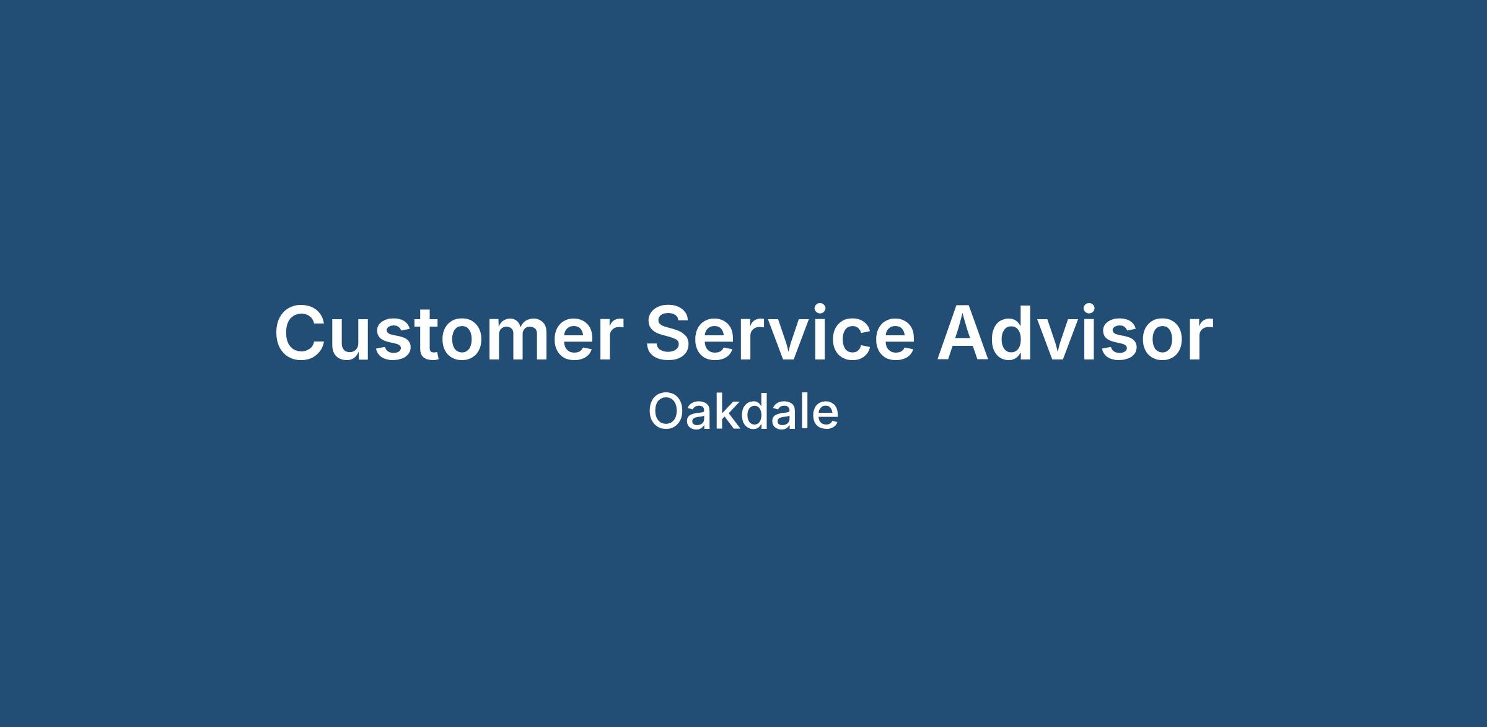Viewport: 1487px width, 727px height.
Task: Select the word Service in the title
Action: [x=780, y=333]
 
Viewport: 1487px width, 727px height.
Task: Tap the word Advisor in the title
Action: [x=1075, y=333]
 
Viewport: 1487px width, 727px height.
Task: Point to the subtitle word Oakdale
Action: [x=743, y=411]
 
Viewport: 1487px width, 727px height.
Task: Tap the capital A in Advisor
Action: [x=965, y=333]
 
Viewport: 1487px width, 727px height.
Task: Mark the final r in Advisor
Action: [x=1201, y=340]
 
